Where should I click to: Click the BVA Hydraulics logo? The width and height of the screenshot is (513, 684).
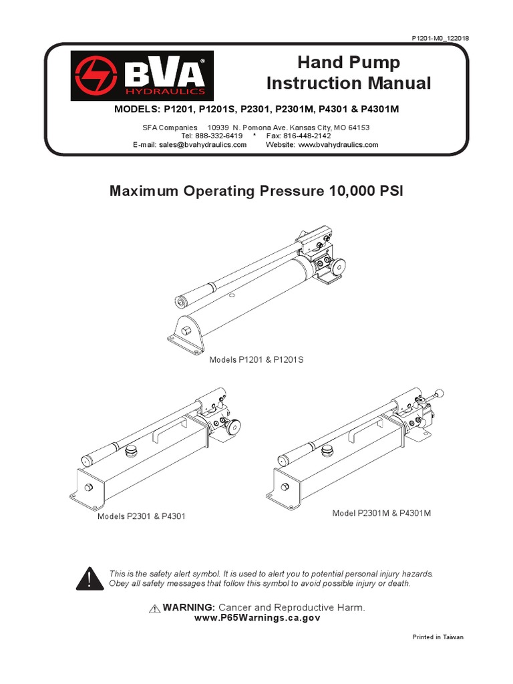(142, 76)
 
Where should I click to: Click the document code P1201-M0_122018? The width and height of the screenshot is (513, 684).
(440, 38)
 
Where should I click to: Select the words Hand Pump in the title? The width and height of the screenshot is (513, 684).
(349, 62)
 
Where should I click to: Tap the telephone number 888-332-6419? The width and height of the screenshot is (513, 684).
(218, 136)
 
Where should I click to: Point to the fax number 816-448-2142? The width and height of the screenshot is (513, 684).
(307, 136)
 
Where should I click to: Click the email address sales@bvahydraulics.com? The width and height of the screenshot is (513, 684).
(203, 145)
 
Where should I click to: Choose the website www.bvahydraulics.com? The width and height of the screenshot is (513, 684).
(338, 145)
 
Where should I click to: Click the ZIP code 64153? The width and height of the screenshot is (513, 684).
(359, 128)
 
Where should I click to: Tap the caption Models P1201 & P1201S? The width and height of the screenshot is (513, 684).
(256, 360)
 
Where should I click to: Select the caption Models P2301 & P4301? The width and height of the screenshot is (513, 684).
(142, 516)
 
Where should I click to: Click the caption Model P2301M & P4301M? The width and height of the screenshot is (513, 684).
(381, 514)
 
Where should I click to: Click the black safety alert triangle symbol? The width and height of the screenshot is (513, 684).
(90, 579)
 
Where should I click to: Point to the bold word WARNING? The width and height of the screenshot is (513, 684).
(189, 607)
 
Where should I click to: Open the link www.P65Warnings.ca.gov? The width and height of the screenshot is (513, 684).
(257, 618)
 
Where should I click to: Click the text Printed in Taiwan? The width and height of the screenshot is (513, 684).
(438, 637)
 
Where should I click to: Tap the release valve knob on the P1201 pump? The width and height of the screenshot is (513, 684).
(337, 266)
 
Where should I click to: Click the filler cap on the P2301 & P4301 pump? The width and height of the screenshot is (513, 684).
(130, 451)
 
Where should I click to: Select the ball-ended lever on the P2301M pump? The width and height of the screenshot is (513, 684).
(433, 395)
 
